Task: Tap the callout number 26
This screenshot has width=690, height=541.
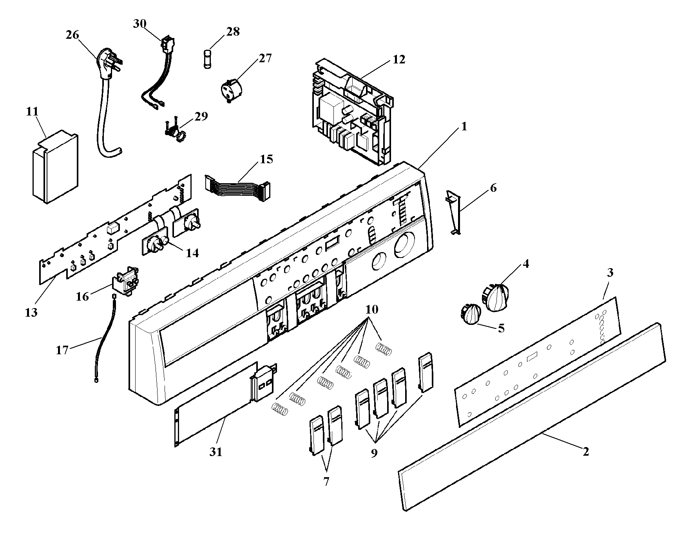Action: (x=72, y=35)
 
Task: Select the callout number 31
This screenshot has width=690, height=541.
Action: (x=216, y=452)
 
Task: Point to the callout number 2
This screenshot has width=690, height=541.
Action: (x=585, y=452)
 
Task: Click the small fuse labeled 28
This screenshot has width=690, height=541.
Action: (x=208, y=60)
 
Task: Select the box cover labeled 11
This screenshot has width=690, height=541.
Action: (x=55, y=168)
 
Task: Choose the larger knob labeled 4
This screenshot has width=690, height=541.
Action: (x=496, y=298)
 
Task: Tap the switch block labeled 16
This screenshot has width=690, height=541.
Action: (x=126, y=280)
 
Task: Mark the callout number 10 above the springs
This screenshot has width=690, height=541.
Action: (x=372, y=310)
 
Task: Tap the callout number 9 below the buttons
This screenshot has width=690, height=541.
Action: (x=374, y=453)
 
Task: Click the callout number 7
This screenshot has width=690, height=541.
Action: (x=326, y=481)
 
